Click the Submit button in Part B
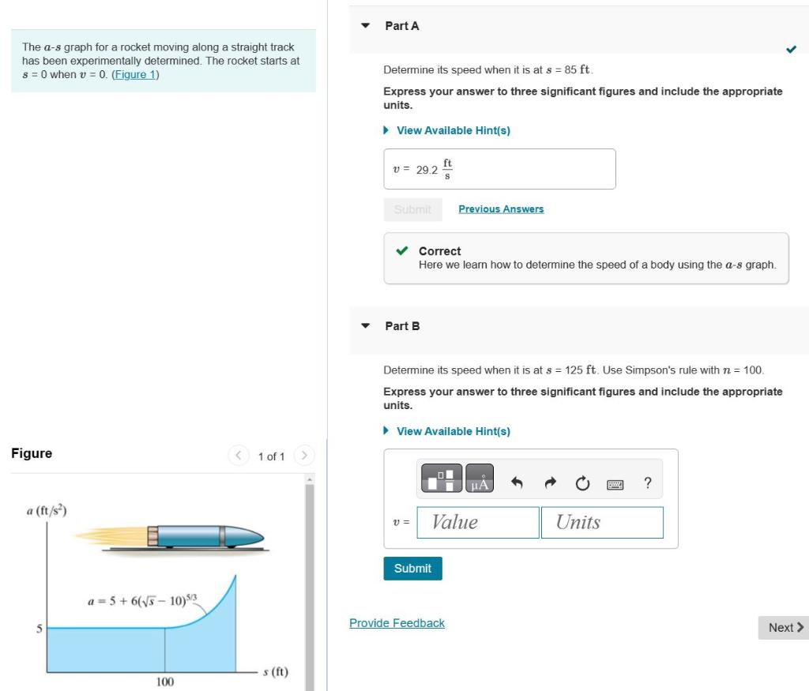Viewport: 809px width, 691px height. pos(412,569)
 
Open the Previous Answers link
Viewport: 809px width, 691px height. pos(501,209)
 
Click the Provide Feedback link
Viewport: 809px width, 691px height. pos(397,623)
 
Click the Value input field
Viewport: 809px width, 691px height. pos(477,522)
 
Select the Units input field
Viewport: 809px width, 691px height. pos(601,522)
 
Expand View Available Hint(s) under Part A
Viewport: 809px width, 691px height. pos(453,130)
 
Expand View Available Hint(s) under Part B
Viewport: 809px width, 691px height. pos(453,431)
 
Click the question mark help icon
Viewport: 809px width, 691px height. pos(648,483)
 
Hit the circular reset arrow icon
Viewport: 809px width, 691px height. pos(582,483)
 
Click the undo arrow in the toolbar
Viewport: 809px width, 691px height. pos(517,483)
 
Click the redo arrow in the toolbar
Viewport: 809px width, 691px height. pos(550,483)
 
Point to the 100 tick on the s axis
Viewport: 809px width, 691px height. pos(164,682)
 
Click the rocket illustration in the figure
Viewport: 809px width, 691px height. pos(209,536)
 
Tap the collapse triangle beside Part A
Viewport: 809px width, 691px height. pos(365,25)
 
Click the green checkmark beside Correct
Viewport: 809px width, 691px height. pos(402,251)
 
